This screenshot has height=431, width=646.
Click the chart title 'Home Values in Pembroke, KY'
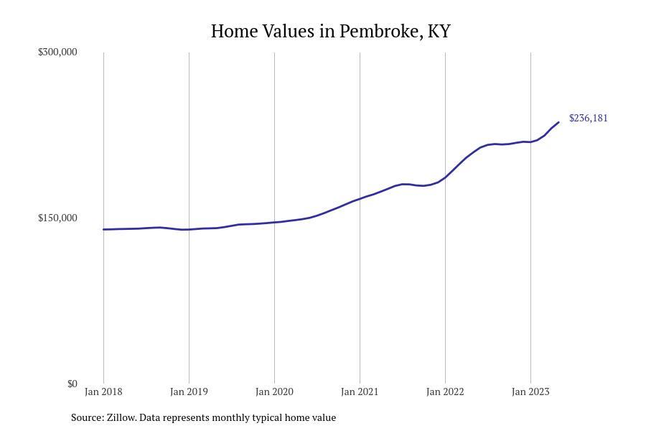(x=330, y=32)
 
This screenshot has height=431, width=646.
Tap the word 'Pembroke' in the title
(x=380, y=32)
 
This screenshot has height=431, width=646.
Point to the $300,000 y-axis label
(x=57, y=52)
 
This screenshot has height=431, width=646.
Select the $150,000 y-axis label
(x=57, y=218)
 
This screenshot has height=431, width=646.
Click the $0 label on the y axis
(x=72, y=384)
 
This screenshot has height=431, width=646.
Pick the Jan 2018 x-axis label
(x=103, y=391)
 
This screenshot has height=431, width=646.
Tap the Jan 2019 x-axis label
(x=189, y=391)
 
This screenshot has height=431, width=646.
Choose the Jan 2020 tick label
(x=274, y=391)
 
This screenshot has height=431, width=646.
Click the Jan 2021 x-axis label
(x=360, y=391)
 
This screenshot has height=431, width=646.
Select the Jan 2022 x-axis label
(x=445, y=391)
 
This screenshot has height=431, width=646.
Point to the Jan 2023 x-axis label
(x=530, y=391)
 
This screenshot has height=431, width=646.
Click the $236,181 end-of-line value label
(x=588, y=118)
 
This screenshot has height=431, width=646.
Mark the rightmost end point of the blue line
(x=558, y=122)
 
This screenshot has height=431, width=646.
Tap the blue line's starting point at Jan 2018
(x=103, y=229)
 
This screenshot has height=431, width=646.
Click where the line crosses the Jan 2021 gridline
(x=360, y=199)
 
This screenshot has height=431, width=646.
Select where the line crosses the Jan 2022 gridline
(x=445, y=177)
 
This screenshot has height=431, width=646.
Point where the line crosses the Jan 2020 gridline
(x=274, y=222)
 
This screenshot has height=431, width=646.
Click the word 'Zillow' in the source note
(x=121, y=417)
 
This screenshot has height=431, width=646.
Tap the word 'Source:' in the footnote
(x=87, y=417)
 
